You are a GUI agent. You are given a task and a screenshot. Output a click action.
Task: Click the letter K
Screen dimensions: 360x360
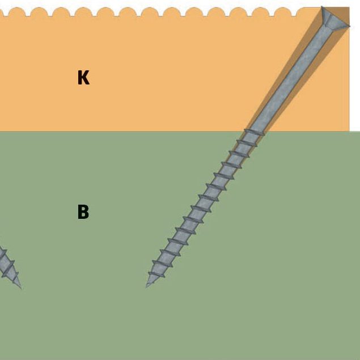[x=83, y=78]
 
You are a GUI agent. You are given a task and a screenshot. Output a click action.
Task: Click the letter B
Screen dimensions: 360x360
[x=83, y=212]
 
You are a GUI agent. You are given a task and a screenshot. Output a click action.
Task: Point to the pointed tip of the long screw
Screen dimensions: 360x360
[x=147, y=286]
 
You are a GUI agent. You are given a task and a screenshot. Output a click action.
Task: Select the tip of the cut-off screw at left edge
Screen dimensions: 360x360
[x=20, y=287]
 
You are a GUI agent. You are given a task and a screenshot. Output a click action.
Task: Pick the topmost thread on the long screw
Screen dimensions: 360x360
[x=254, y=132]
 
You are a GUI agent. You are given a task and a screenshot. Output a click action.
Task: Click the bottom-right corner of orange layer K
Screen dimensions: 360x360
[x=349, y=130]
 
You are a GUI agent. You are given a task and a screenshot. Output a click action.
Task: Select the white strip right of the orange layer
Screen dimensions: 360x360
[x=355, y=68]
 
